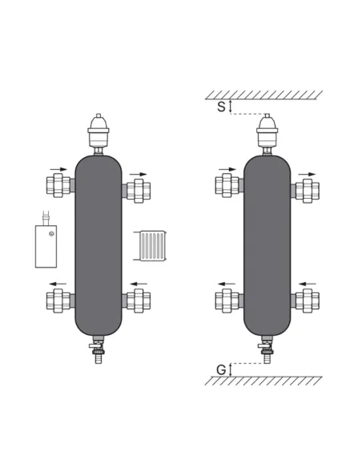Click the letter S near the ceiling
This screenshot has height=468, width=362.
point(221,107)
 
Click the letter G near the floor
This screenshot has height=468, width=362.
point(221,370)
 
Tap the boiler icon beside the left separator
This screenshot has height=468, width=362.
point(46,240)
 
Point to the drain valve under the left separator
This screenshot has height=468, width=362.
point(98,349)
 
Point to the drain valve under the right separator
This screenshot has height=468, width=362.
point(266,349)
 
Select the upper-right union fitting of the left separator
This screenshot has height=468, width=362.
point(136,191)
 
